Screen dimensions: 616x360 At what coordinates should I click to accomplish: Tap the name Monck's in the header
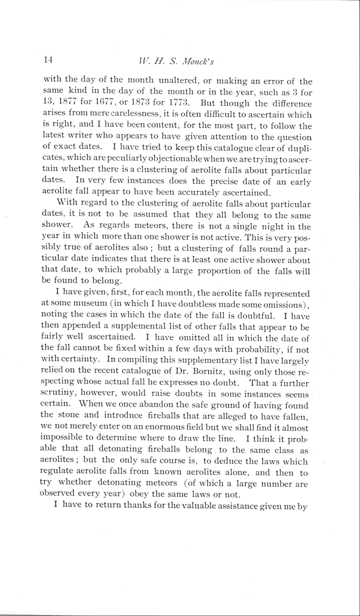coord(213,60)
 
